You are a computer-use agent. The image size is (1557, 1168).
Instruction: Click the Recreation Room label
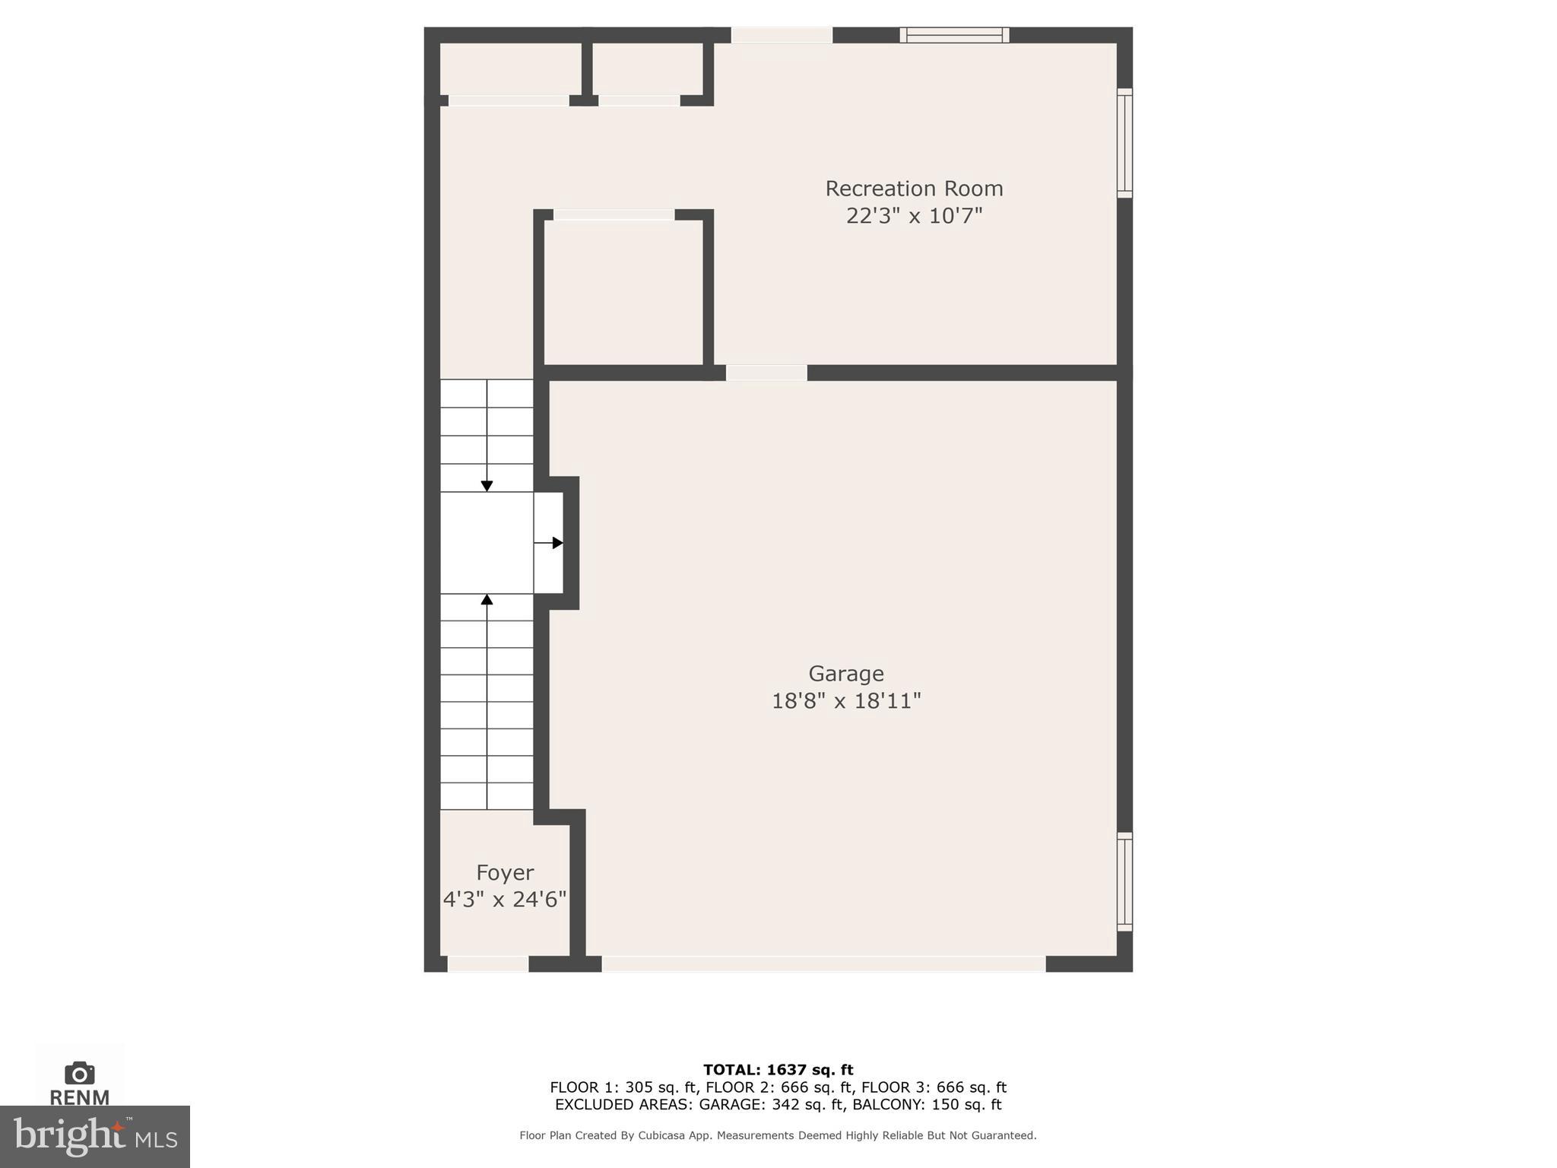[x=914, y=189]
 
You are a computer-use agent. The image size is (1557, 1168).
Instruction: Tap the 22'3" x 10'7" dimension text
[x=914, y=216]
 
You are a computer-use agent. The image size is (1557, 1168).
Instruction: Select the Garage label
[x=845, y=674]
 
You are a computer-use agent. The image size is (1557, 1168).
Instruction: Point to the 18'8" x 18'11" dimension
[x=845, y=701]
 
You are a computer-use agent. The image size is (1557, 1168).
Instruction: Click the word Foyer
[x=505, y=872]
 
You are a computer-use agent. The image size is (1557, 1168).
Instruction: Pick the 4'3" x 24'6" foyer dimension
[x=505, y=900]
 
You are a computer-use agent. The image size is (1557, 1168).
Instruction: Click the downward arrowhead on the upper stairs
[x=487, y=486]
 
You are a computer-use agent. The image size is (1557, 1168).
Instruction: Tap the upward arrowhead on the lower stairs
[x=487, y=600]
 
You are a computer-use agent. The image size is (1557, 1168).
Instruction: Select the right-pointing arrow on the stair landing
[x=557, y=543]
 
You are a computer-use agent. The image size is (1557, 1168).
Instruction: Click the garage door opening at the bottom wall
[x=823, y=964]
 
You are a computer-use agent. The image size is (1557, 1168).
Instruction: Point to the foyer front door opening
[x=488, y=964]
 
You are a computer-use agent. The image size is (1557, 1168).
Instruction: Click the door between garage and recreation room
[x=766, y=373]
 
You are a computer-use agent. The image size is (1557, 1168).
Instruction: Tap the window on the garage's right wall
[x=1124, y=881]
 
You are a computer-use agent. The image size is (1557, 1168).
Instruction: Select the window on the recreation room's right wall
[x=1124, y=143]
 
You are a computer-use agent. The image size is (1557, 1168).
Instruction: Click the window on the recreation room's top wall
[x=954, y=35]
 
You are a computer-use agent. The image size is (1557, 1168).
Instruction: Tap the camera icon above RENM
[x=80, y=1073]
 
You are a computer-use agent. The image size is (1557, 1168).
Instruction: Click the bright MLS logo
[x=95, y=1137]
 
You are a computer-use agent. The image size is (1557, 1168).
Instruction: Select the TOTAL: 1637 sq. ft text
[x=778, y=1070]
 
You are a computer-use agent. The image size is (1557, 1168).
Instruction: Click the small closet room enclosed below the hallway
[x=623, y=293]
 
